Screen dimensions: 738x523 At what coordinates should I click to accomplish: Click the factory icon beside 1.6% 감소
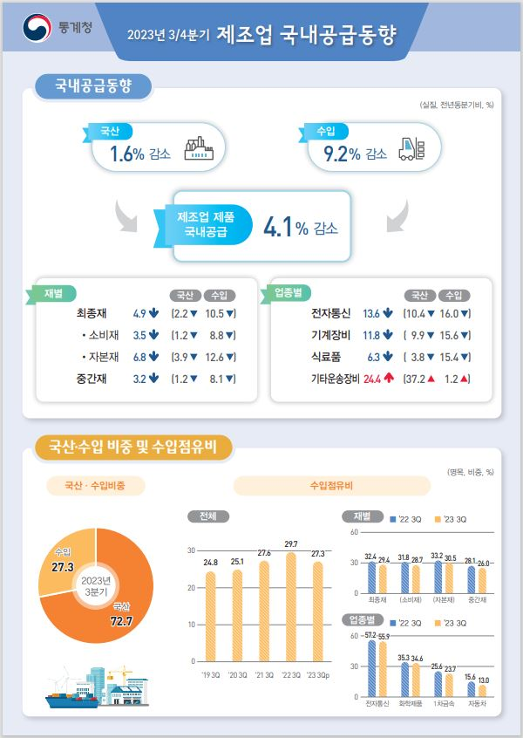coord(199,150)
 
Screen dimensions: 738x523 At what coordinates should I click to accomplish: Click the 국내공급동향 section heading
coord(92,86)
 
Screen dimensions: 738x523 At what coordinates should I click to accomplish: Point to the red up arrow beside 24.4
coord(389,379)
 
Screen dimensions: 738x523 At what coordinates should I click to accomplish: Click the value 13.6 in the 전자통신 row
coord(371,313)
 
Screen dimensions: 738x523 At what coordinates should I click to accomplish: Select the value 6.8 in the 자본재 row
coord(139,357)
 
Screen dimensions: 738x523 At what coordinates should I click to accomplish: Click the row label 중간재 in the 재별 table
coord(92,379)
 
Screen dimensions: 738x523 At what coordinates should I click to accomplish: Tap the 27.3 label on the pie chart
coord(63,567)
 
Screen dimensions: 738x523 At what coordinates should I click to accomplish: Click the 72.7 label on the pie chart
coord(121,620)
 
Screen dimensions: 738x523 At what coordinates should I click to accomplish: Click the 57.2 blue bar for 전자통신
coord(371,668)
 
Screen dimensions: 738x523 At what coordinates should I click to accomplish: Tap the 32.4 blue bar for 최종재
coord(371,577)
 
